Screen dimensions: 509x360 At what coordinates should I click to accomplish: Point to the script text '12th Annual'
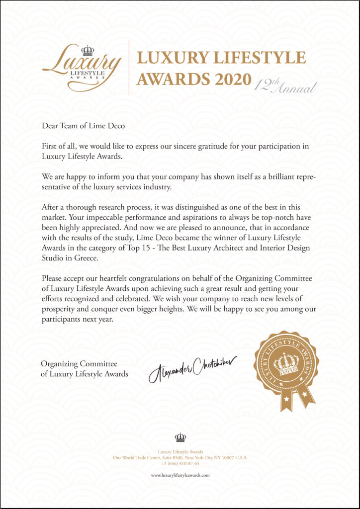click(x=285, y=87)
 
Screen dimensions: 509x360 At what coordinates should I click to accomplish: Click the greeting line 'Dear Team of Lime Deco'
click(x=83, y=126)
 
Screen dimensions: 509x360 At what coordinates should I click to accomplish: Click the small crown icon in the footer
click(x=180, y=437)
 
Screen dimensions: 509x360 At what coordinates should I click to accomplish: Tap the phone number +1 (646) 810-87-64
click(x=180, y=463)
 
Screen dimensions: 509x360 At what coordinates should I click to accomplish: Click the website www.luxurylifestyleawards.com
click(x=180, y=475)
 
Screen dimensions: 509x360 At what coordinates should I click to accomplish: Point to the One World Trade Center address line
click(x=180, y=457)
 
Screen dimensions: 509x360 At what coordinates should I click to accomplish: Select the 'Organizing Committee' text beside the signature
click(x=79, y=364)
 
